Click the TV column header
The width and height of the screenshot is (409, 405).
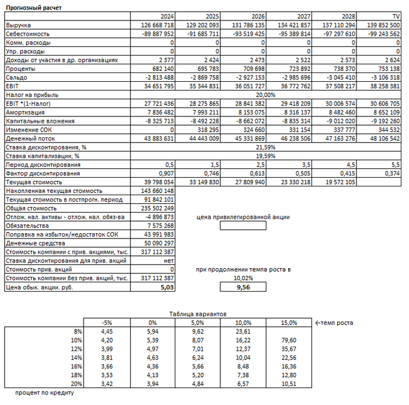(395, 16)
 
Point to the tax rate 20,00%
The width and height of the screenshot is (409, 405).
(266, 94)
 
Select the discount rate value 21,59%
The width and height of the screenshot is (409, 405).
(266, 147)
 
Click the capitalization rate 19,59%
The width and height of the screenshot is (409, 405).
(266, 156)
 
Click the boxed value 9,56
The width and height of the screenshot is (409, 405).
(242, 288)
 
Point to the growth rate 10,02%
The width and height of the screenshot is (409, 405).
(242, 278)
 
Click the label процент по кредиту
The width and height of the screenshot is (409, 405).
(44, 393)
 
